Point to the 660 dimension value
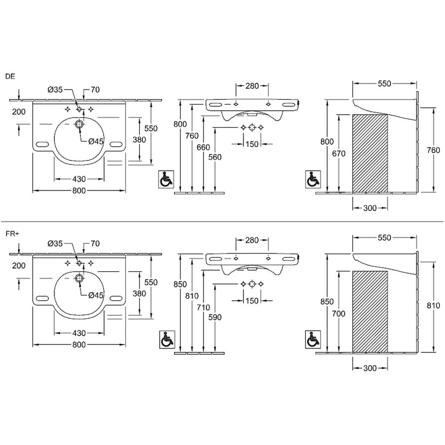[x=203, y=147]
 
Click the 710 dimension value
[x=203, y=307]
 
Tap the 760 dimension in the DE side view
[x=434, y=150]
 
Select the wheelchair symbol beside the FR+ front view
[x=166, y=339]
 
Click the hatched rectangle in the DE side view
[x=370, y=154]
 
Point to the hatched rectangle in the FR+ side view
[x=370, y=311]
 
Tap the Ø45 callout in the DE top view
[x=96, y=141]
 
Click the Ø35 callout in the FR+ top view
[x=55, y=244]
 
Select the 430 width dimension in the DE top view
[x=79, y=179]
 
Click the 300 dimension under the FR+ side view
[x=370, y=368]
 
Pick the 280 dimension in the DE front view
[x=252, y=86]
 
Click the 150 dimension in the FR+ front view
[x=252, y=301]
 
